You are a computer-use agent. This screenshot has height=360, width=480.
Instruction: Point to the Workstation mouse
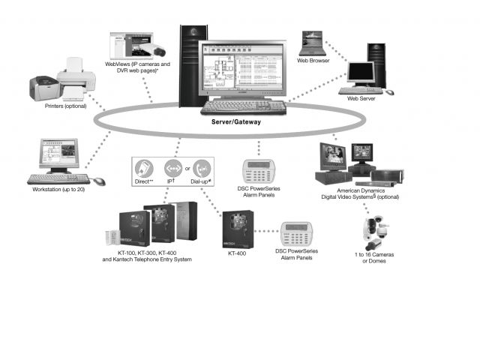[x=99, y=181]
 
